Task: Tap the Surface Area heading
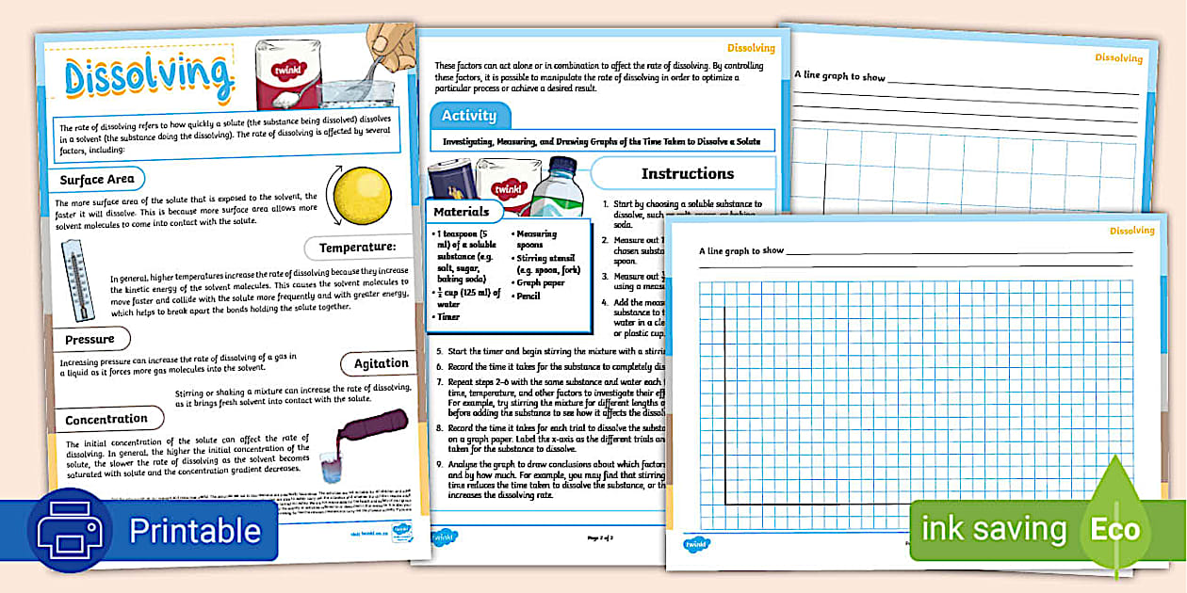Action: [97, 179]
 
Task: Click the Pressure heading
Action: [90, 339]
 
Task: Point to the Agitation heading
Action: [382, 363]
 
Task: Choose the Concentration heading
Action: [106, 419]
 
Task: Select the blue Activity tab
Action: [469, 115]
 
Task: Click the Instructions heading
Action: [687, 173]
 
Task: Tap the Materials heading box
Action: [462, 212]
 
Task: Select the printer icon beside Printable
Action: [74, 531]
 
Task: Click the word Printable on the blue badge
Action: [195, 531]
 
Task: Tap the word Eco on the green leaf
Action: [1115, 530]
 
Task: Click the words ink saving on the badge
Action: [993, 530]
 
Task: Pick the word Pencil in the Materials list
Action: [528, 296]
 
